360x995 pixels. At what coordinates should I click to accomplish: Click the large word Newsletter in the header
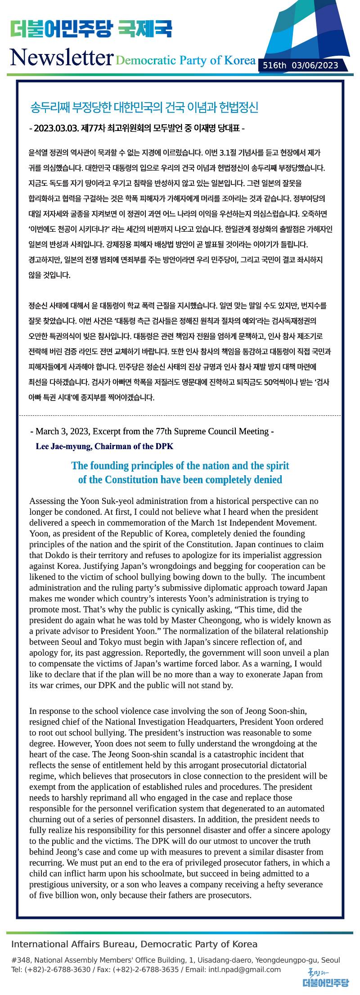61,58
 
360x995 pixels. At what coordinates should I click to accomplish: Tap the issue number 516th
274,66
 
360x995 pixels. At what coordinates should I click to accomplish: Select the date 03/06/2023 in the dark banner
315,66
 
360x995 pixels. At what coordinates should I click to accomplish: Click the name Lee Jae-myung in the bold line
63,446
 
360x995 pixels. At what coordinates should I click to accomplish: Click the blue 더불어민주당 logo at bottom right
325,982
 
